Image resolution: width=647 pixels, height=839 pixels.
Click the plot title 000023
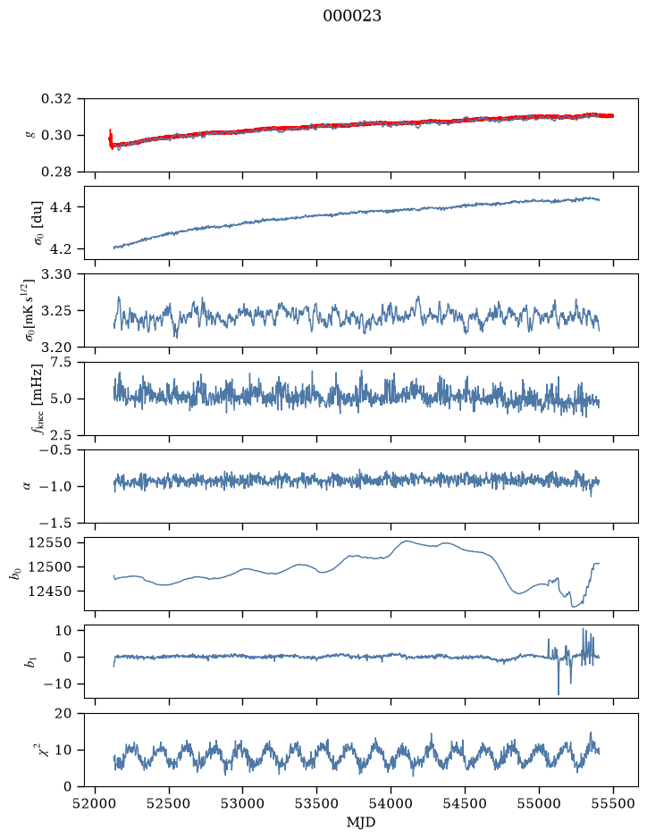(351, 16)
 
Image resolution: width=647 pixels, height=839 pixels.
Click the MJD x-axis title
(361, 822)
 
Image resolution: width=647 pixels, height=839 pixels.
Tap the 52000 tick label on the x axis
(96, 803)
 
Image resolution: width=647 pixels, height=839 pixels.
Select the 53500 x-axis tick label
(317, 803)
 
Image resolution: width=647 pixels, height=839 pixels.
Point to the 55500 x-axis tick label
(613, 803)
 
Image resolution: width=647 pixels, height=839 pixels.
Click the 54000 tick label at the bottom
(391, 803)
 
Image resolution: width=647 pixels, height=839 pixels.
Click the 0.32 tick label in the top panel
(55, 99)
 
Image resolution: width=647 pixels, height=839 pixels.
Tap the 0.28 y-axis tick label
(55, 172)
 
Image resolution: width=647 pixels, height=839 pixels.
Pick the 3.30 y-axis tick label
(55, 274)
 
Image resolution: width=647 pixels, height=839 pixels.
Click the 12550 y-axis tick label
(49, 542)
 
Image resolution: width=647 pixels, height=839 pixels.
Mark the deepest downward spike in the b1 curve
(559, 693)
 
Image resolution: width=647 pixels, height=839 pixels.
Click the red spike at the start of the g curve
(110, 138)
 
